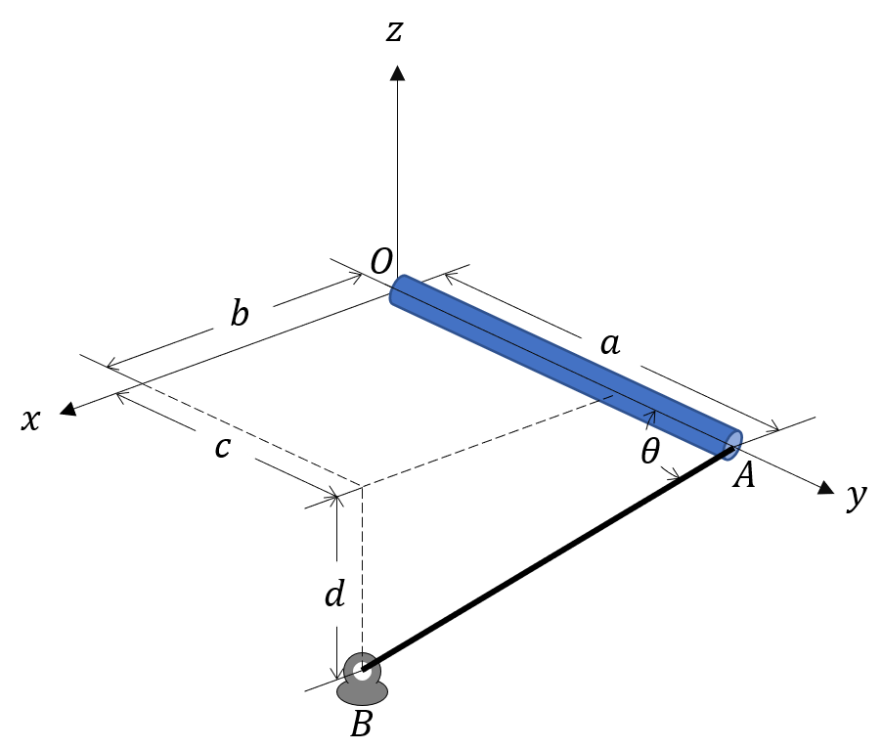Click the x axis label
pyautogui.click(x=32, y=419)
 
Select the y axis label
pyautogui.click(x=857, y=496)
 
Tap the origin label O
pyautogui.click(x=381, y=261)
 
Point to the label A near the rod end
pyautogui.click(x=745, y=476)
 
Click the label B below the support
pyautogui.click(x=361, y=725)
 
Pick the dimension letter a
pyautogui.click(x=609, y=343)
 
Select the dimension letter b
pyautogui.click(x=240, y=315)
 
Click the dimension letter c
pyautogui.click(x=223, y=447)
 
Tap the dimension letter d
pyautogui.click(x=334, y=594)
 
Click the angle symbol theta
pyautogui.click(x=650, y=452)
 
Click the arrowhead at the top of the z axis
pyautogui.click(x=397, y=72)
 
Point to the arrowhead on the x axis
pyautogui.click(x=67, y=409)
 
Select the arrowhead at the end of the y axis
pyautogui.click(x=826, y=487)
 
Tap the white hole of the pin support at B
pyautogui.click(x=362, y=671)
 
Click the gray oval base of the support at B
pyautogui.click(x=362, y=692)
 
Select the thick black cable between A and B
pyautogui.click(x=548, y=562)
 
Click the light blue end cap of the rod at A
pyautogui.click(x=731, y=444)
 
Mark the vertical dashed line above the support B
pyautogui.click(x=364, y=567)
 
